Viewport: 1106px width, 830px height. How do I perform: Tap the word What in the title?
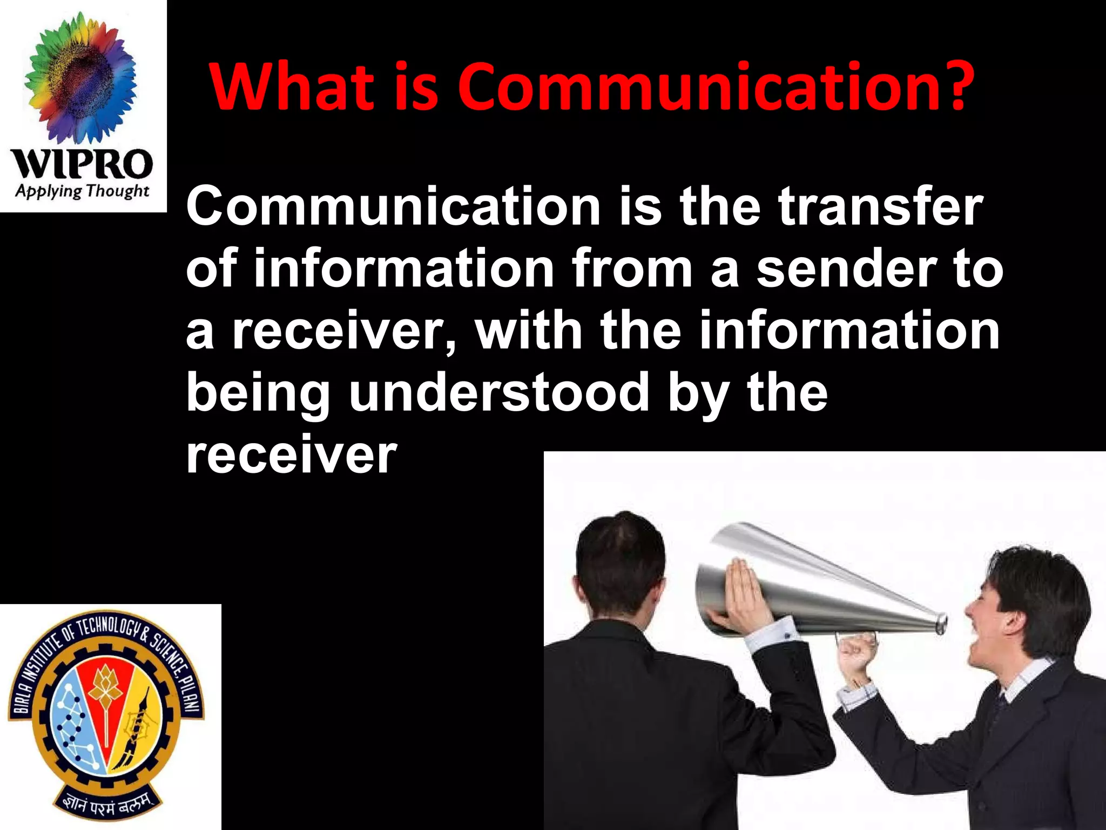[292, 86]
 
